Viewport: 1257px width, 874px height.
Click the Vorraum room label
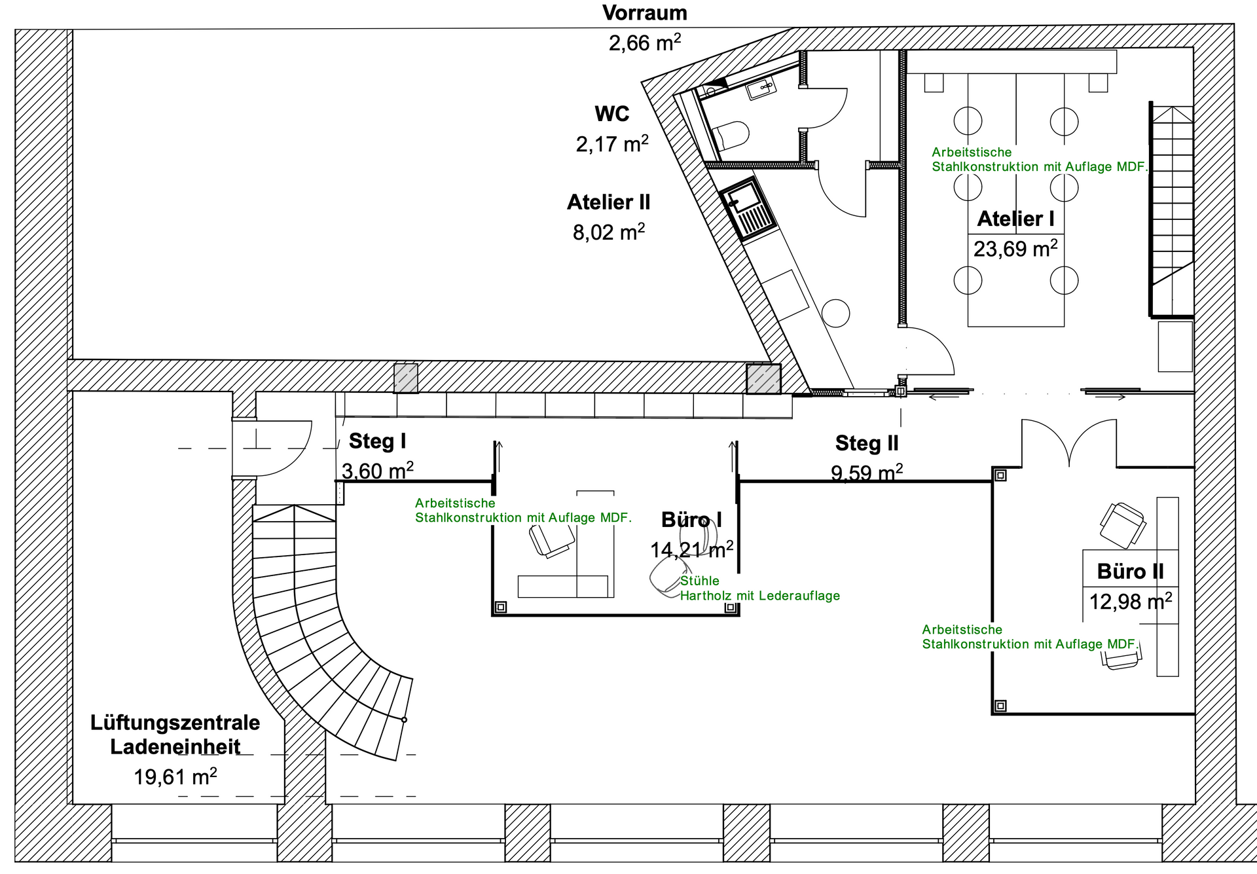(x=645, y=13)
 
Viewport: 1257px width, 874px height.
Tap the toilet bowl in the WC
(x=732, y=136)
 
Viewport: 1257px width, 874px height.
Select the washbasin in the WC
(x=761, y=89)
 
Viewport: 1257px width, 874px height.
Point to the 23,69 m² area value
(x=1015, y=249)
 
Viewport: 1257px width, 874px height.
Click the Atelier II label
(x=608, y=202)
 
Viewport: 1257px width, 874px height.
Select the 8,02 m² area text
(x=608, y=232)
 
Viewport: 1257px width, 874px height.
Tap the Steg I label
(x=377, y=441)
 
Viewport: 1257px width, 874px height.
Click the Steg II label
(x=867, y=443)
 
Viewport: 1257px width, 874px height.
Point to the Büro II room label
(x=1130, y=572)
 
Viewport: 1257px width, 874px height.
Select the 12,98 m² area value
(x=1130, y=602)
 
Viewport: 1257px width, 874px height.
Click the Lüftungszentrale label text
(x=175, y=723)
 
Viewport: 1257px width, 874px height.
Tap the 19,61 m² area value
(x=175, y=777)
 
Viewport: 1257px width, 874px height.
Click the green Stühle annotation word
(x=699, y=581)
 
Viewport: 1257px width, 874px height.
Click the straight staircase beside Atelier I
(x=1172, y=209)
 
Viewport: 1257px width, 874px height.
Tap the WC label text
(x=611, y=114)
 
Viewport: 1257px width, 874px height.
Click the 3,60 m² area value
(x=377, y=471)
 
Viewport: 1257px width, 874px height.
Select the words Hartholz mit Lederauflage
(x=759, y=596)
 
